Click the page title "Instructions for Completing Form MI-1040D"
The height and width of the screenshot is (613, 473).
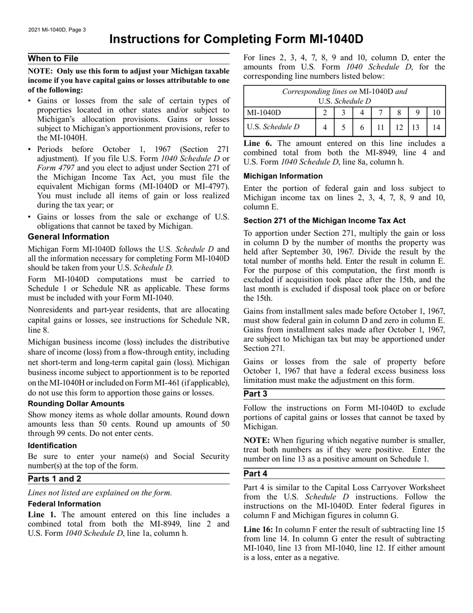click(236, 39)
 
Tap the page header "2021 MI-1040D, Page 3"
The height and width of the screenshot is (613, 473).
click(57, 29)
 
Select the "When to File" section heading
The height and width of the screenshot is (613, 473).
click(53, 59)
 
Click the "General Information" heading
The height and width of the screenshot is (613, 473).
click(68, 237)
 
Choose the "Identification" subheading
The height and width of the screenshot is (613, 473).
click(52, 446)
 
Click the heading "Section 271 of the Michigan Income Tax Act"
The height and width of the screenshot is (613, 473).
click(325, 221)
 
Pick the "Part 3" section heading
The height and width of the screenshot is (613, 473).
click(256, 394)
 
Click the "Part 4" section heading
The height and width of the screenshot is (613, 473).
click(256, 473)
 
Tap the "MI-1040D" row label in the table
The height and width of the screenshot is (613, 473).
click(264, 113)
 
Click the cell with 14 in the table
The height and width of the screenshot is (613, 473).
click(436, 127)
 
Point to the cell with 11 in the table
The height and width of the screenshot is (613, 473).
click(380, 127)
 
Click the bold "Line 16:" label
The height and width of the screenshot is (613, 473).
click(260, 530)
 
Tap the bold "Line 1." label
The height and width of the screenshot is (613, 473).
click(42, 515)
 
